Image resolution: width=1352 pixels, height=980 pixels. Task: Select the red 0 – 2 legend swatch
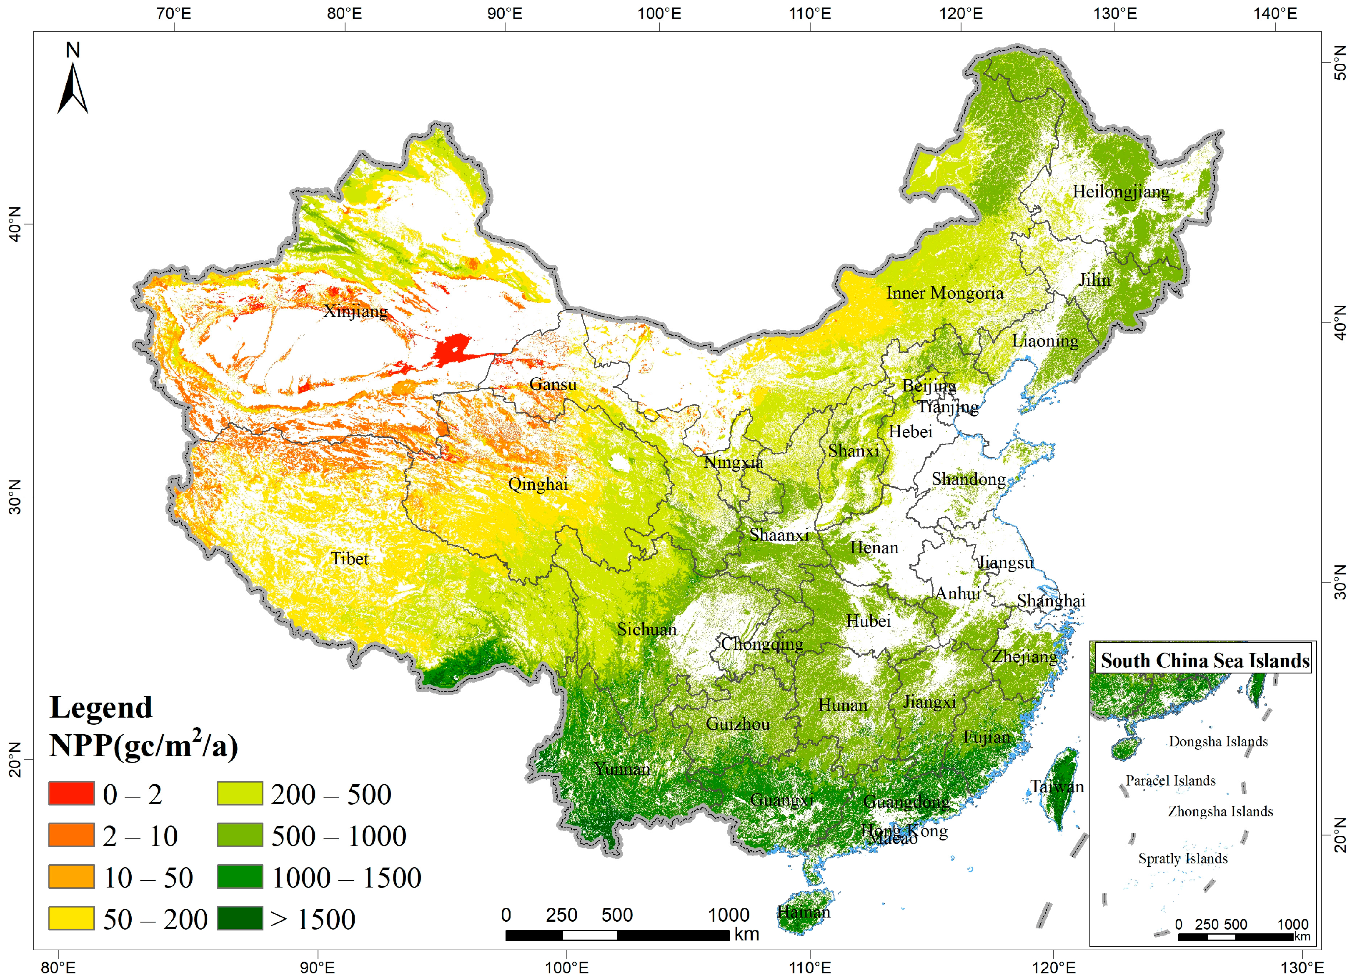(x=72, y=793)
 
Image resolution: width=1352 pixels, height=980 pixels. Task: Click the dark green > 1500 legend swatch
(x=240, y=918)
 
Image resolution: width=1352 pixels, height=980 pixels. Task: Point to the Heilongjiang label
(x=1121, y=192)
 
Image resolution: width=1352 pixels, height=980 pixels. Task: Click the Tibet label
(x=349, y=559)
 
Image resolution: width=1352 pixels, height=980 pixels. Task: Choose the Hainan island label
(x=804, y=912)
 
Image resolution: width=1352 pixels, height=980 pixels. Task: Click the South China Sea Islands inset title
(x=1204, y=661)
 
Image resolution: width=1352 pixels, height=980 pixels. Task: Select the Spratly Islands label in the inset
(x=1183, y=858)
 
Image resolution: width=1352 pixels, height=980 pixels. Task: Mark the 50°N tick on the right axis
(x=1339, y=62)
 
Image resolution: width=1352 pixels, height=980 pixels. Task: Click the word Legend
(x=101, y=708)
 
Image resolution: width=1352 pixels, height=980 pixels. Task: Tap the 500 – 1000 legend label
(x=338, y=836)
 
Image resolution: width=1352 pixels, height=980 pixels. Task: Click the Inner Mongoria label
(x=944, y=293)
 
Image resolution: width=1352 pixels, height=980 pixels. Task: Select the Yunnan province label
(x=622, y=768)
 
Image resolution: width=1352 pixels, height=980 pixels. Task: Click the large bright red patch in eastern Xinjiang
(x=453, y=350)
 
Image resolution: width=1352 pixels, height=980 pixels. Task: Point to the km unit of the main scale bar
(x=746, y=934)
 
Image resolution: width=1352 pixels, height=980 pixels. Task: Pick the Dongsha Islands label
(x=1218, y=742)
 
